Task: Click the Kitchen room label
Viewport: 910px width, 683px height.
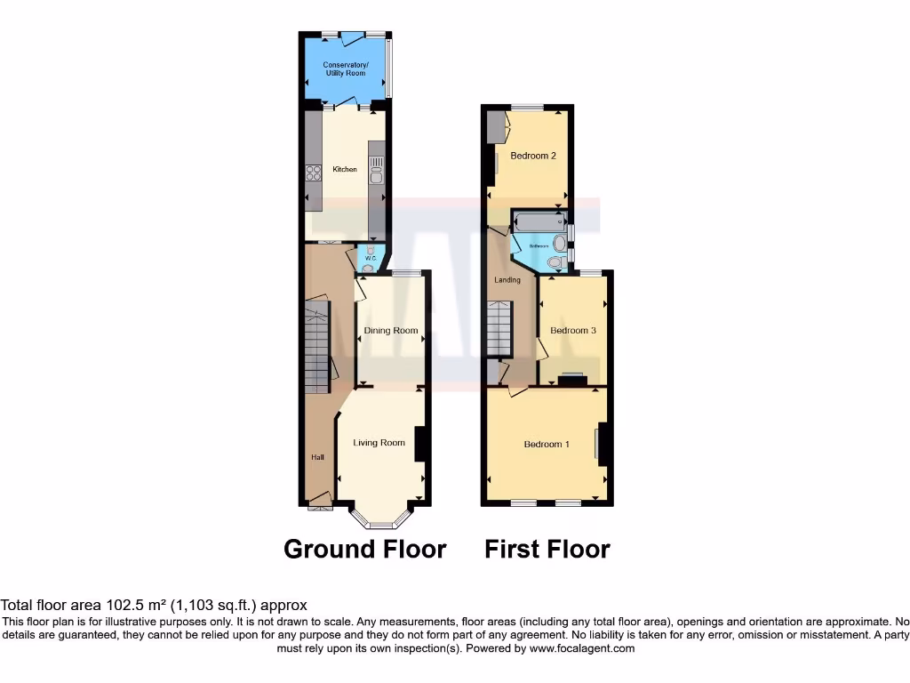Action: pos(345,169)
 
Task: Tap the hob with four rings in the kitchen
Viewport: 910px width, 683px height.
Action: pos(313,173)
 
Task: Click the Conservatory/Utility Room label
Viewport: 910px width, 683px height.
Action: pos(345,68)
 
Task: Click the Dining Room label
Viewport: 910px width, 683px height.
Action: pos(391,331)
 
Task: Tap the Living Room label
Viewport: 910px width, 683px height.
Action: pos(379,443)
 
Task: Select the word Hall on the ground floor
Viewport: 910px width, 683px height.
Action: pos(317,457)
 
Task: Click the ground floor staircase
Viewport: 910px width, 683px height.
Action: pos(317,347)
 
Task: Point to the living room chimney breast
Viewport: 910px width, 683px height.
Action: pos(420,444)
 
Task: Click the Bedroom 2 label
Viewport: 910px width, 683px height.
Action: pos(533,156)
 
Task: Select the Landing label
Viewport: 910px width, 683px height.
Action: pos(507,280)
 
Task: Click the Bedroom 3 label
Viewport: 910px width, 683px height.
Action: pos(573,331)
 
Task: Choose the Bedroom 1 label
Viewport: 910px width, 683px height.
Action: pos(547,444)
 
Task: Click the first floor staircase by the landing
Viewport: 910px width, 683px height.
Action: pos(500,329)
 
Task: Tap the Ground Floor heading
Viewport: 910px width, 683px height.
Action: pos(364,549)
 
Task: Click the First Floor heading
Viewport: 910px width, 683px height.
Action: pos(547,549)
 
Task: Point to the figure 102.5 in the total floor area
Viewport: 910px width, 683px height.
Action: pos(101,605)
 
